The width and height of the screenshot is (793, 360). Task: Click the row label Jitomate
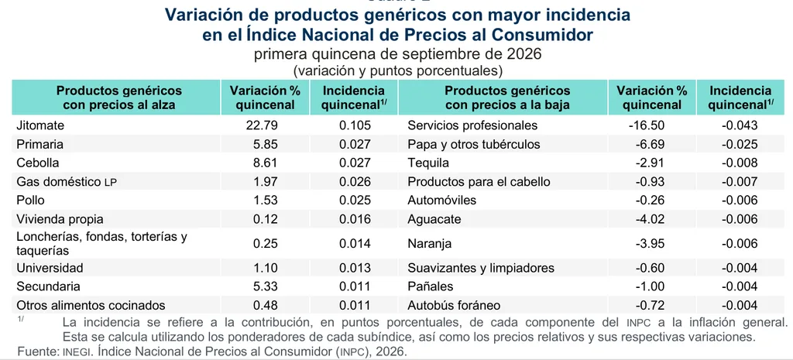(x=40, y=125)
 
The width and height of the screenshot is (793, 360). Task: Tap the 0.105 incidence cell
(x=355, y=125)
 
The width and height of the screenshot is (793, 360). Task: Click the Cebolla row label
(x=38, y=163)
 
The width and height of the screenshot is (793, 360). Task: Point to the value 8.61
(x=265, y=163)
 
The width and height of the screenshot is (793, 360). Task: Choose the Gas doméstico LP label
(x=67, y=181)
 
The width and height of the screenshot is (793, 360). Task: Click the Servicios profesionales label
(x=472, y=125)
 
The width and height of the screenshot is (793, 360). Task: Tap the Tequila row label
(x=428, y=163)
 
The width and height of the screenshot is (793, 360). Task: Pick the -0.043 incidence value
(x=740, y=125)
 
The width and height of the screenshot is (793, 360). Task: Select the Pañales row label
(x=431, y=286)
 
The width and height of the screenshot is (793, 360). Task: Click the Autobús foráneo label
(x=454, y=305)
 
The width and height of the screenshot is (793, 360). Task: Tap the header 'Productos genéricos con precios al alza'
(x=118, y=98)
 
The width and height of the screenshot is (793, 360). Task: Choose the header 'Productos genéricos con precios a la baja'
(x=507, y=98)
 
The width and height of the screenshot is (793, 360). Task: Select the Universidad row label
(x=50, y=267)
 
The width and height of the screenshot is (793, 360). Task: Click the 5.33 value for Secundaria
(x=265, y=286)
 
